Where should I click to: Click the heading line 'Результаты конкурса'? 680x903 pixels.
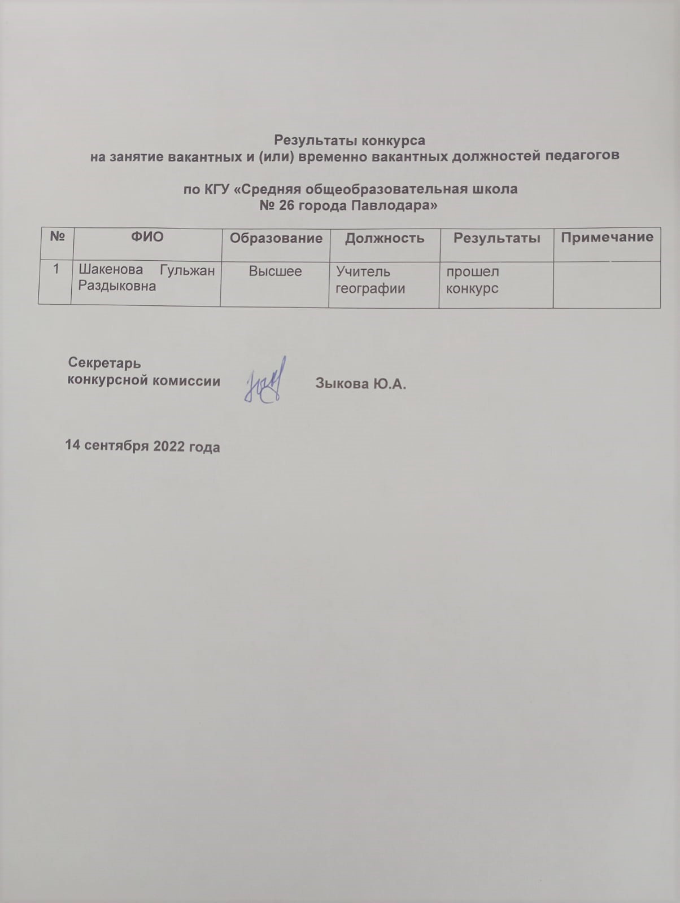[x=349, y=139]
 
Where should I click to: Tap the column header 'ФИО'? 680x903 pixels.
[x=147, y=237]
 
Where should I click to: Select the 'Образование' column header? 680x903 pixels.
[x=276, y=238]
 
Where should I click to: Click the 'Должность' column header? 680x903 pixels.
[x=385, y=238]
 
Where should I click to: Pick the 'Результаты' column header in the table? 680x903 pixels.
[x=497, y=238]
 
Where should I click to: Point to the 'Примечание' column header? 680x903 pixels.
[x=607, y=237]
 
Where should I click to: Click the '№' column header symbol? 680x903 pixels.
[x=57, y=237]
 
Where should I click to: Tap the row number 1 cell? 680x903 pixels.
[x=56, y=270]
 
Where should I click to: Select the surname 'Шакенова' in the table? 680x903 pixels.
[x=110, y=271]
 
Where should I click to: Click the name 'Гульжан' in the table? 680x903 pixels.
[x=188, y=271]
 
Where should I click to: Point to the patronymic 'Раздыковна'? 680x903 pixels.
[x=117, y=286]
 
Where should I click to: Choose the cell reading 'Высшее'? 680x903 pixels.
[x=276, y=271]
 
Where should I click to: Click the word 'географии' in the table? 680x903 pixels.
[x=370, y=289]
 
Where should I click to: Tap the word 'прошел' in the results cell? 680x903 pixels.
[x=473, y=271]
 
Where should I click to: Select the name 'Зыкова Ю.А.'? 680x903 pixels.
[x=361, y=384]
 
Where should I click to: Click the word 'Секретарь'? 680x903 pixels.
[x=104, y=363]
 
